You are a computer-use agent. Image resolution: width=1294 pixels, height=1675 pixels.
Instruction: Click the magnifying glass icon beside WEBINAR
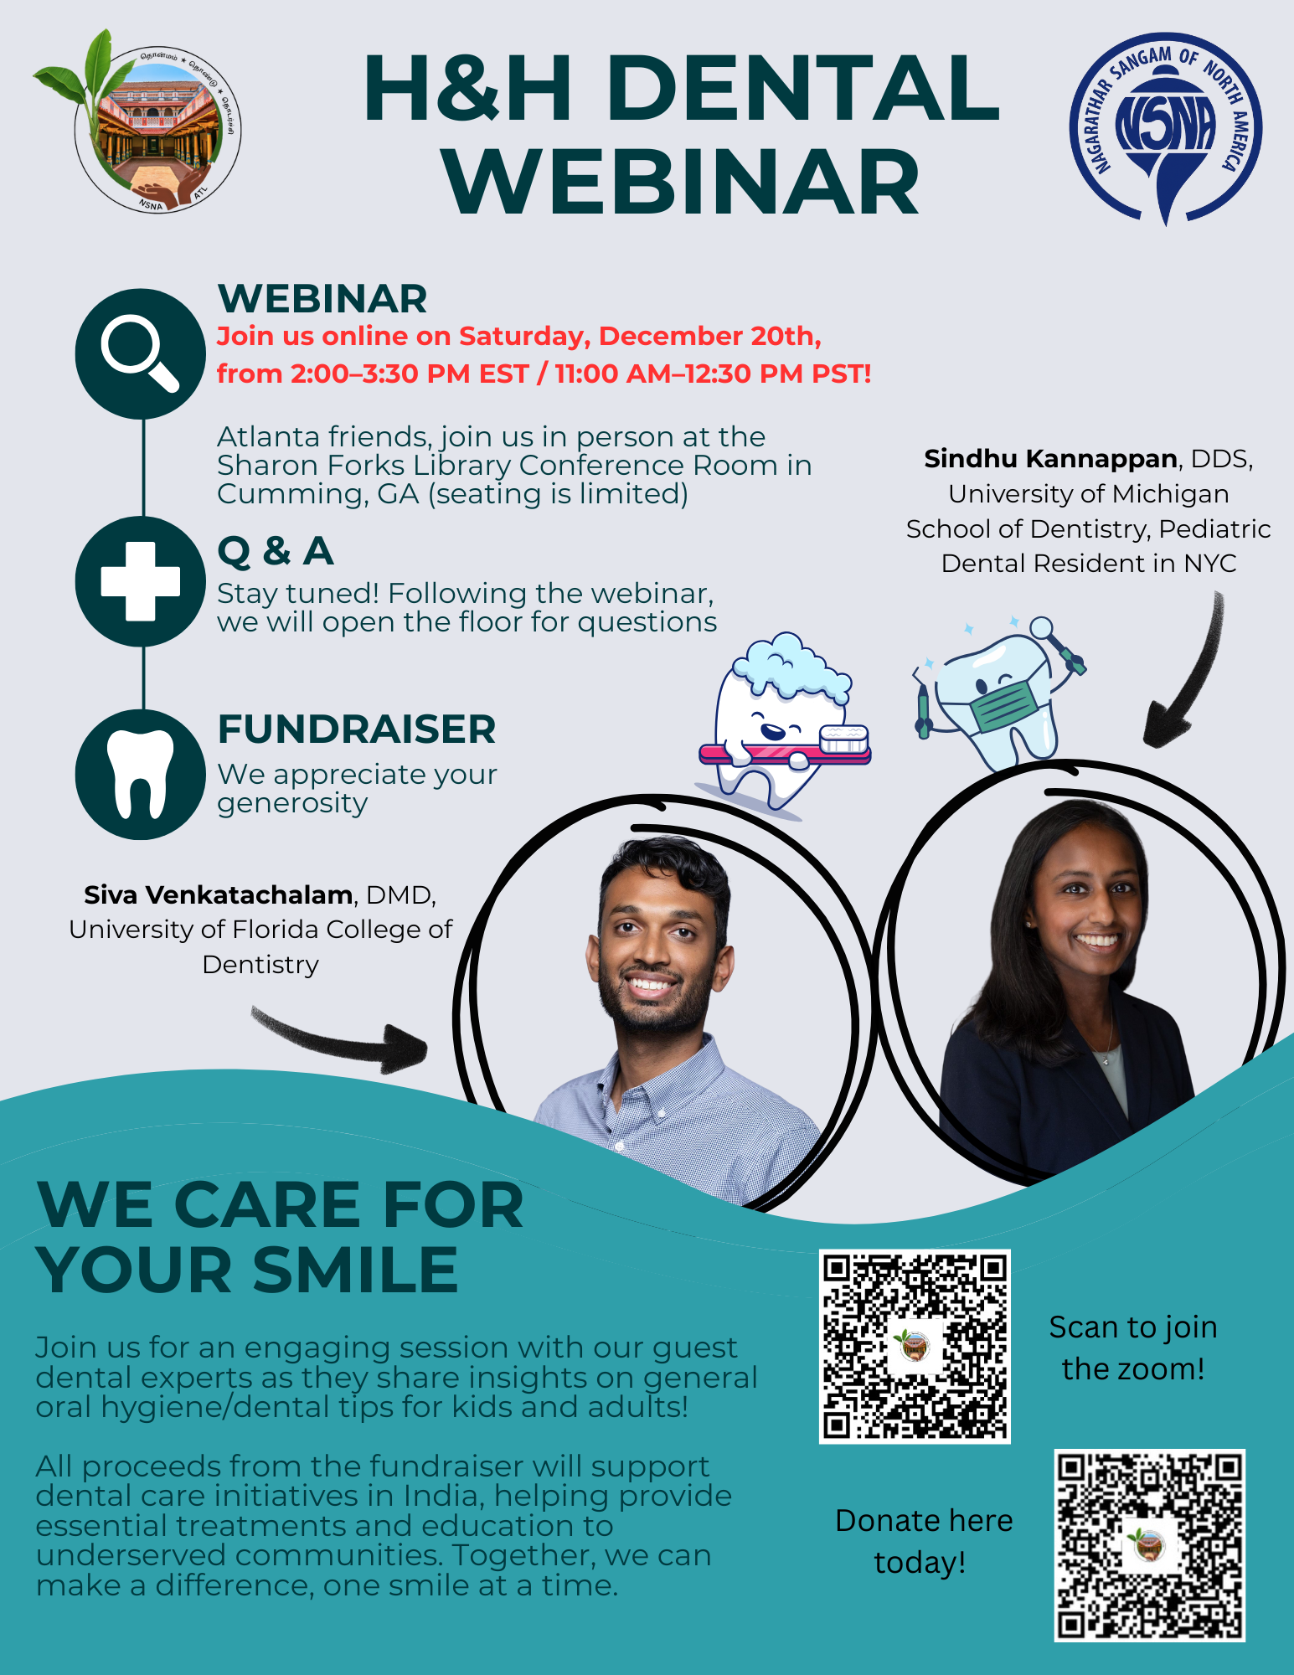click(140, 354)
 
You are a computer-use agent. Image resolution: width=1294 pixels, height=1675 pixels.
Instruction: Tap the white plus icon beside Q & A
click(141, 581)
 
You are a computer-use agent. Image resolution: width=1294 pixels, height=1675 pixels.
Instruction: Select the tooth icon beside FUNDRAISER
click(141, 774)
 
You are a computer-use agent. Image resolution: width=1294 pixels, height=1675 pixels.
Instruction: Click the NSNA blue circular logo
click(1166, 128)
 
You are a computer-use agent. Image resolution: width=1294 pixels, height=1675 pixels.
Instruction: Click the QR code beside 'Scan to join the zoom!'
click(915, 1347)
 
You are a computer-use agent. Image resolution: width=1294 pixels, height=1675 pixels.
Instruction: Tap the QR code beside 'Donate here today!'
click(1149, 1545)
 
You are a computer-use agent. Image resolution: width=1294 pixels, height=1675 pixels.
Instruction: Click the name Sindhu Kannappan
click(1050, 459)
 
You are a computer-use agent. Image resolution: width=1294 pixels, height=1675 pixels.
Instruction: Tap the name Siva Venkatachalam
click(218, 895)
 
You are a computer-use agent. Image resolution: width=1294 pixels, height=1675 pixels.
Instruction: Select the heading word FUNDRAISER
click(357, 729)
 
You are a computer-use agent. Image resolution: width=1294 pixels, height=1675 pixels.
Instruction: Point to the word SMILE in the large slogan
click(355, 1270)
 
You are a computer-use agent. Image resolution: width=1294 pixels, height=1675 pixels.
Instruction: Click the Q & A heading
click(276, 551)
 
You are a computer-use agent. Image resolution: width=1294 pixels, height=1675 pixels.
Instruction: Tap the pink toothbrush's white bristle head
click(843, 739)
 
